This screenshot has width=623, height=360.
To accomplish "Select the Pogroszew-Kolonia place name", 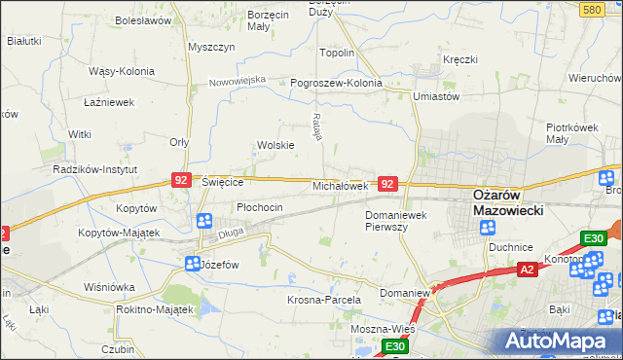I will (336, 83).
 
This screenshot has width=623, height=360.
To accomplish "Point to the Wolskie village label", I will (275, 145).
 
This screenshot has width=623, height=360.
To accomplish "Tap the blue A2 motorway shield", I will (527, 270).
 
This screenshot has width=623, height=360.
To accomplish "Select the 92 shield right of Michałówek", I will (387, 183).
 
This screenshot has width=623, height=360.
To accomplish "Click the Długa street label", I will (230, 232).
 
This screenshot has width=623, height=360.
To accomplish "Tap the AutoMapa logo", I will (558, 342).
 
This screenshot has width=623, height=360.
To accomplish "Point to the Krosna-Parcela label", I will (323, 301).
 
